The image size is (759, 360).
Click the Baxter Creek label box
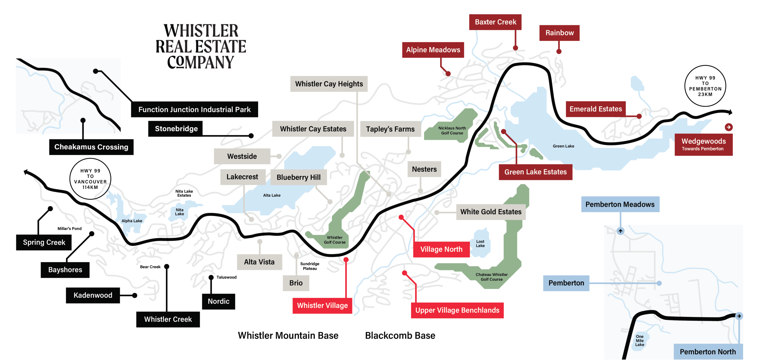495,22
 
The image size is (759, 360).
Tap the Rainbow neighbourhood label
559,33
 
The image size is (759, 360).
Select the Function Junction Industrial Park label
194,109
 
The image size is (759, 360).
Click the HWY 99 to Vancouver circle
90,179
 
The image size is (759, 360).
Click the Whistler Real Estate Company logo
201,46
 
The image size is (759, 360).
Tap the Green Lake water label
563,146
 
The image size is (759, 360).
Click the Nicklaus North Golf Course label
452,131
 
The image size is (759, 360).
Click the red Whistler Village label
322,305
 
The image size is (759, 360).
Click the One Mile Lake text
639,340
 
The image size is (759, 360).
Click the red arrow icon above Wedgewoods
728,127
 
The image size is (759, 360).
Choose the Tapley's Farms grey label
390,129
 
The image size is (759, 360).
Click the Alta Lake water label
271,195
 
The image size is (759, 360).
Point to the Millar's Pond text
69,228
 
